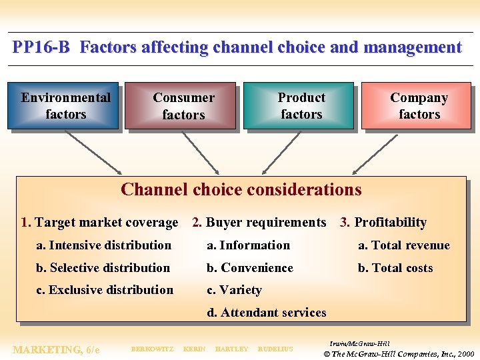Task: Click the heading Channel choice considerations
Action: (241, 189)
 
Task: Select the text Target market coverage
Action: (106, 223)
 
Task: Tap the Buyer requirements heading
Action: (266, 223)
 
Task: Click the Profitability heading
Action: (390, 223)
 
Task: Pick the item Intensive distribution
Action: (104, 245)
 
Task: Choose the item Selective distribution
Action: (103, 268)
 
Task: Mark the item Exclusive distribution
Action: (105, 290)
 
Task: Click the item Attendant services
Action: (267, 313)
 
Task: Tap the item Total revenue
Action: (404, 245)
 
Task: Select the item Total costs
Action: (395, 268)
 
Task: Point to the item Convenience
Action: (250, 268)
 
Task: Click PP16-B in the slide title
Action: (41, 47)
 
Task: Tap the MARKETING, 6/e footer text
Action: (56, 349)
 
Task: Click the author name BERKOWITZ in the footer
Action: (152, 349)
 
